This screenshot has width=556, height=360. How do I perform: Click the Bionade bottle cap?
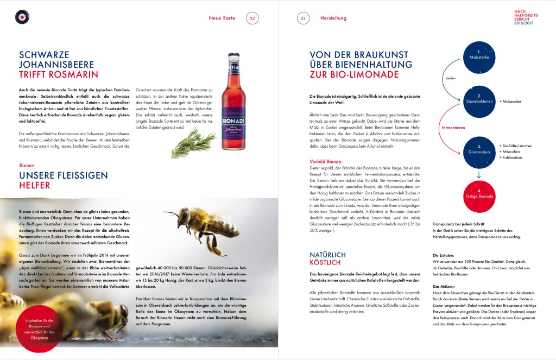234,55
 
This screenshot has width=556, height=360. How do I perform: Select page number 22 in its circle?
252,18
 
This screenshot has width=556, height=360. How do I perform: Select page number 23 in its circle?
303,18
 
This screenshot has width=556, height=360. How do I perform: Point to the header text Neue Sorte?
222,18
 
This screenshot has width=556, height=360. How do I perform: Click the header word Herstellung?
333,18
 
